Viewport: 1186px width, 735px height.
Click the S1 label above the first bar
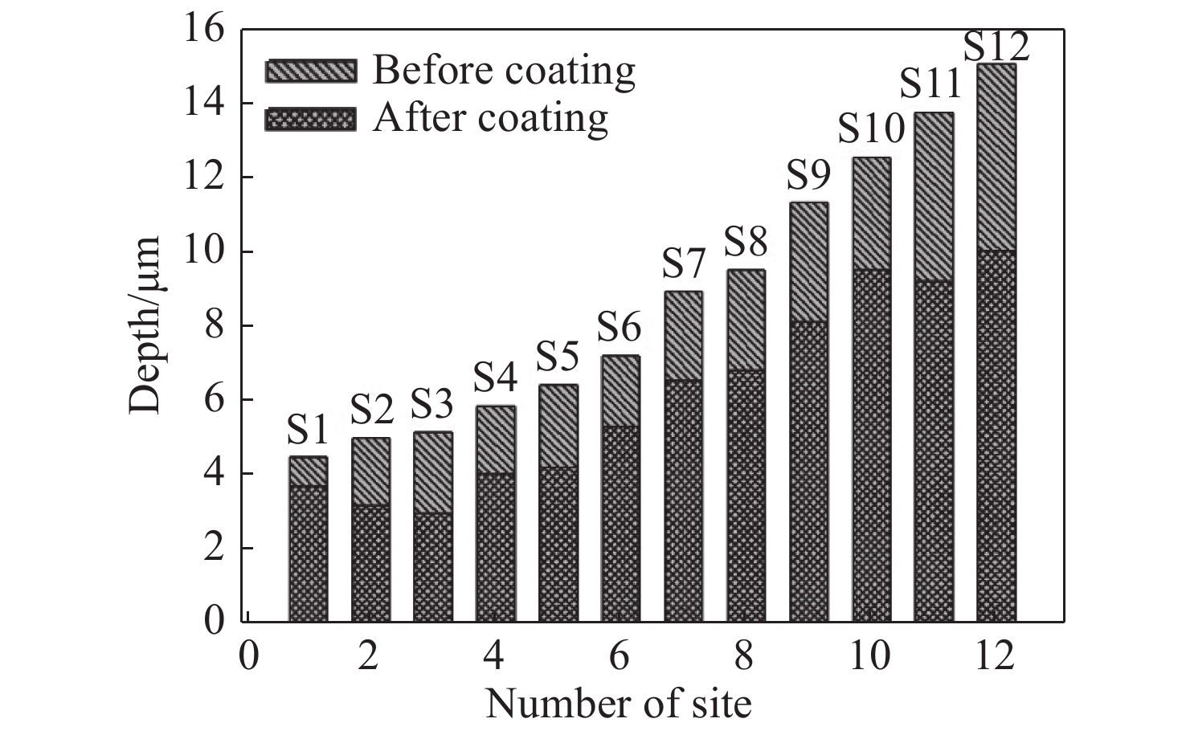pos(309,432)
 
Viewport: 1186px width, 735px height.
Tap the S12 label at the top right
pos(996,47)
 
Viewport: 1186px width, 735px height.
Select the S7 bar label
pos(684,266)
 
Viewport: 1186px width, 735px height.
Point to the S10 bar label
pos(871,129)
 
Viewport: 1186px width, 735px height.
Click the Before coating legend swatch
pos(310,71)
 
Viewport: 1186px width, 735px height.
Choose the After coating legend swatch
pos(310,119)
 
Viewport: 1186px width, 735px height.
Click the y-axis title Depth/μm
pos(145,325)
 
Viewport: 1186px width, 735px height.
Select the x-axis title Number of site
pos(618,704)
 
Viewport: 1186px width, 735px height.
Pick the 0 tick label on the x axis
pos(248,655)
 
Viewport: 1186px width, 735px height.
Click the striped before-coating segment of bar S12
pos(996,157)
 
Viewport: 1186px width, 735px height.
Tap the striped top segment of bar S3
pos(433,472)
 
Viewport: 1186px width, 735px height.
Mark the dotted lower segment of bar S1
pos(308,553)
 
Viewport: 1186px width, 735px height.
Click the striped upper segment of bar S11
pos(934,197)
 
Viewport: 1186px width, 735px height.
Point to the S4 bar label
pos(496,377)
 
